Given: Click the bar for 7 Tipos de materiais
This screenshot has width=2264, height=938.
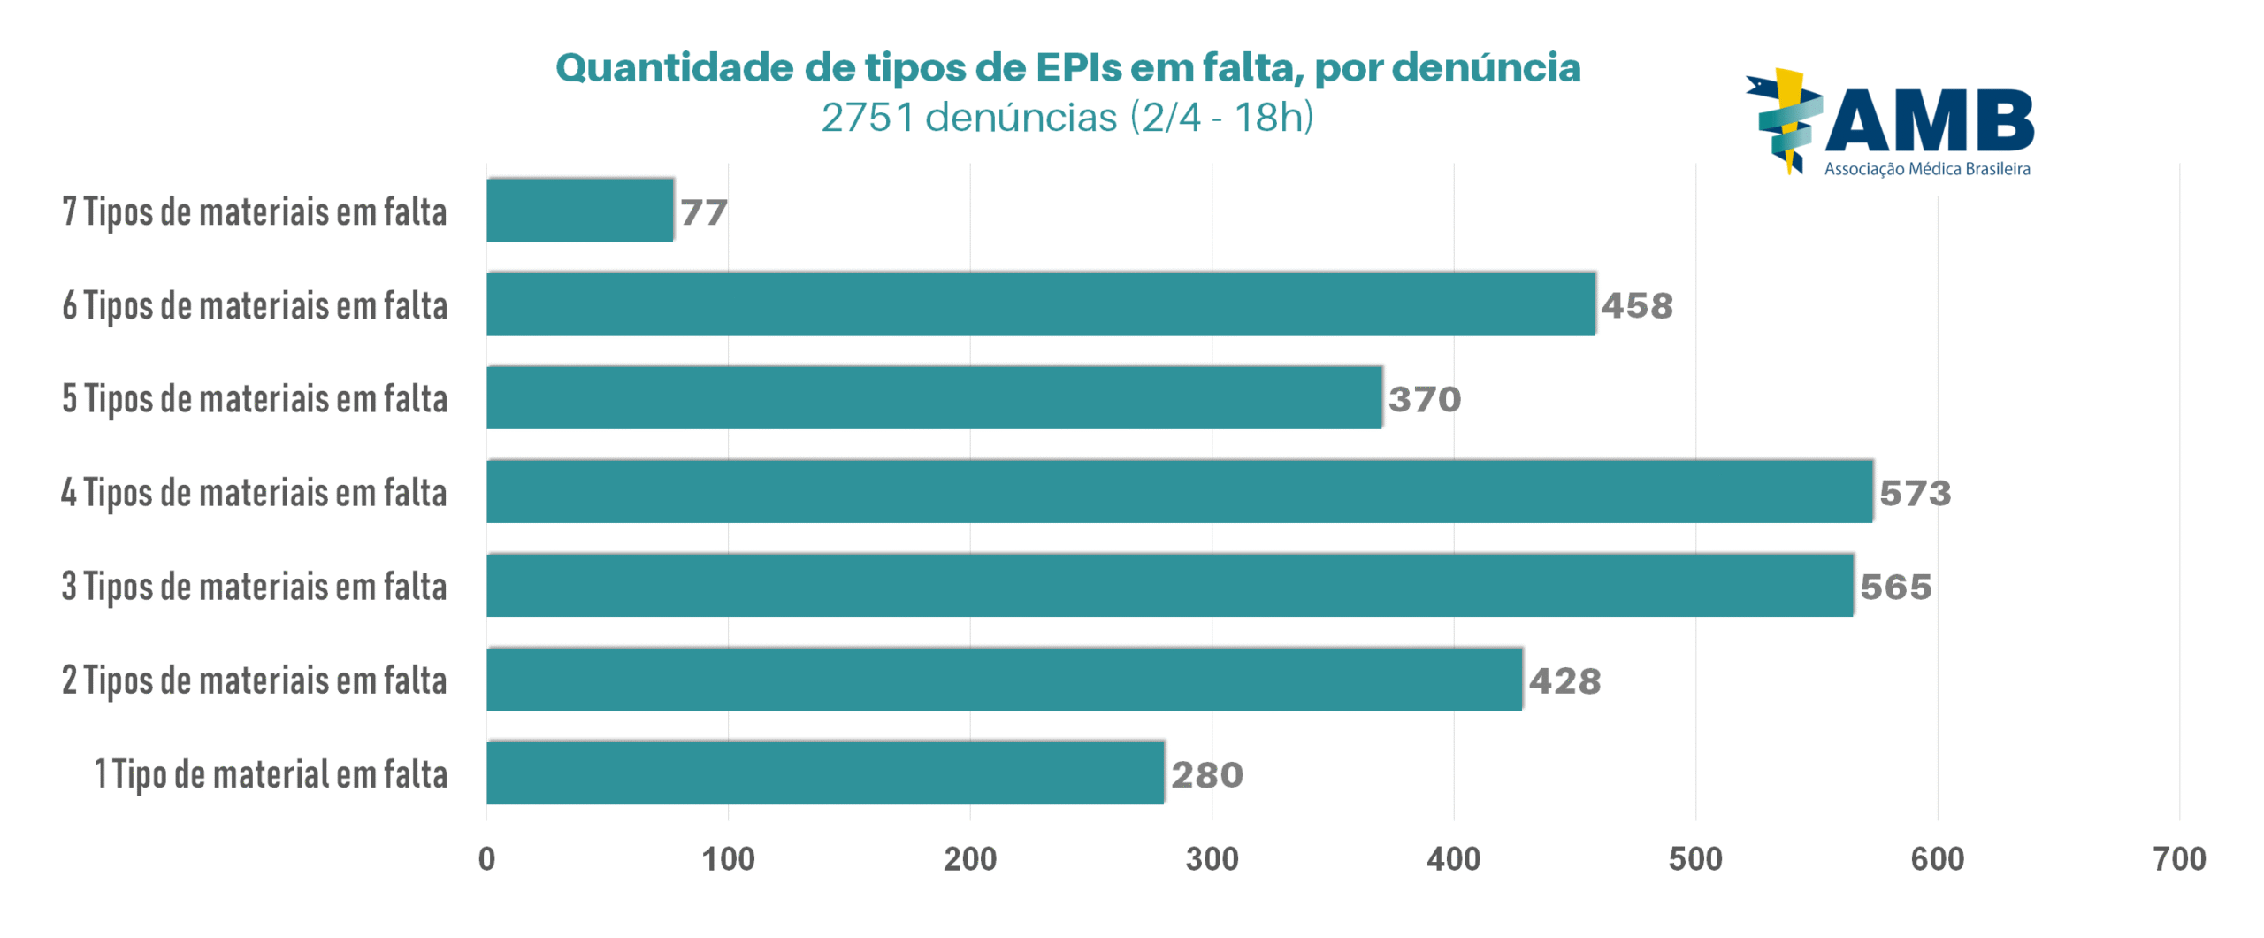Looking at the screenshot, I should (579, 211).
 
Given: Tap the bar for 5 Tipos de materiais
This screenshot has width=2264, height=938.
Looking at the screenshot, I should (933, 398).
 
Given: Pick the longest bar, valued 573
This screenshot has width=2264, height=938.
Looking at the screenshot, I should (1178, 492).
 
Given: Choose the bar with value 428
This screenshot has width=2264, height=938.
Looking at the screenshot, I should (1004, 680).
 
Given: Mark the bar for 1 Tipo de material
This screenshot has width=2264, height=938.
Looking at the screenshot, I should (824, 773).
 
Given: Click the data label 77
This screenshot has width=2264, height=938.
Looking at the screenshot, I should (703, 212).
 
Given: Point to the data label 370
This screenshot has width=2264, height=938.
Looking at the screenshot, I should (1424, 399).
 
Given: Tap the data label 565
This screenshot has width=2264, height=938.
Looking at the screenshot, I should (1895, 587).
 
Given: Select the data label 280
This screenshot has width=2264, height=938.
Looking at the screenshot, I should (1207, 775).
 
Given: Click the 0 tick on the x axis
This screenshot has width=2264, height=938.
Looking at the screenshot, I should (486, 859).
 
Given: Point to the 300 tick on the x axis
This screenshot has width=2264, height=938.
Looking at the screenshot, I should (1212, 859).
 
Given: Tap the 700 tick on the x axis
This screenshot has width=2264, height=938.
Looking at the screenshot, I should (2179, 859).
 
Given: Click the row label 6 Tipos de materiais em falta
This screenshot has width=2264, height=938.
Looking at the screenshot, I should (255, 305).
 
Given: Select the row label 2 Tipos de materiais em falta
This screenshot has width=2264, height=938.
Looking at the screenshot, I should (255, 680).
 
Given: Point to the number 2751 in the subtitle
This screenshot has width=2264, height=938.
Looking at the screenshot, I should (868, 118).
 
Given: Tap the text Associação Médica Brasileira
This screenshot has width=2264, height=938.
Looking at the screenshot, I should (1927, 169).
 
